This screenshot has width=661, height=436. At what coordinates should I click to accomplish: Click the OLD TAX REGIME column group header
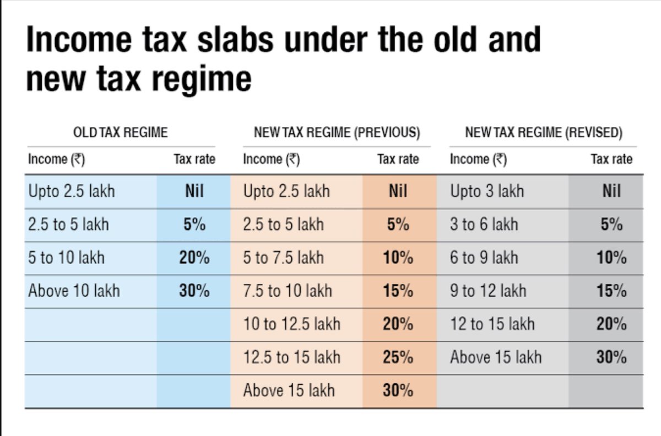pos(120,133)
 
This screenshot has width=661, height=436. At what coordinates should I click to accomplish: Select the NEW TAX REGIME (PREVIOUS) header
pos(337,133)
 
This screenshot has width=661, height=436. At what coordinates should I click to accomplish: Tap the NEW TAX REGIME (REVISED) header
pos(544,133)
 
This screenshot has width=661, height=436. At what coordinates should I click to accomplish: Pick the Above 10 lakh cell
pos(74,291)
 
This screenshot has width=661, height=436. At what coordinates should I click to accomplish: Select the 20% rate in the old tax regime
pos(194,258)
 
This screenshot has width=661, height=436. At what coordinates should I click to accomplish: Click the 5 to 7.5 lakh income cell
pos(283,258)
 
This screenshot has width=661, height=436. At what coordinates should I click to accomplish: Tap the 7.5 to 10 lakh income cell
pos(288,291)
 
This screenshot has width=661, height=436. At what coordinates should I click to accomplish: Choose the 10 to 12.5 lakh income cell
pos(291,324)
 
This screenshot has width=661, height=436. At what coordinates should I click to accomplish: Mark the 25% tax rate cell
pos(398,357)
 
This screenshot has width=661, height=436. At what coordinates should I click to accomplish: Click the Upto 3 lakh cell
pos(487,192)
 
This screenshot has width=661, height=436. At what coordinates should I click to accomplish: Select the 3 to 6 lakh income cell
pos(484,225)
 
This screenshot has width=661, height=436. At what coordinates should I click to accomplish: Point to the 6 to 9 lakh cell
pos(484,258)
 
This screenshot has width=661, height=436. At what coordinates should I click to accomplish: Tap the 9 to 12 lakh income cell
pos(488,291)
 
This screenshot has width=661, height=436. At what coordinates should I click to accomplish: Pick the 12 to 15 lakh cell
pos(492,324)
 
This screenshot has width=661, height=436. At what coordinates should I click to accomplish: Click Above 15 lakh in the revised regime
pos(496,357)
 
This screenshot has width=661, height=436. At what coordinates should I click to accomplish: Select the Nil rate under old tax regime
pos(194,192)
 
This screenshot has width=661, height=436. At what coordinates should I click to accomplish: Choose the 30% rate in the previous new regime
pos(398,390)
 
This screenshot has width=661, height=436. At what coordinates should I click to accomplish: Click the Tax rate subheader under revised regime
pos(611,160)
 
